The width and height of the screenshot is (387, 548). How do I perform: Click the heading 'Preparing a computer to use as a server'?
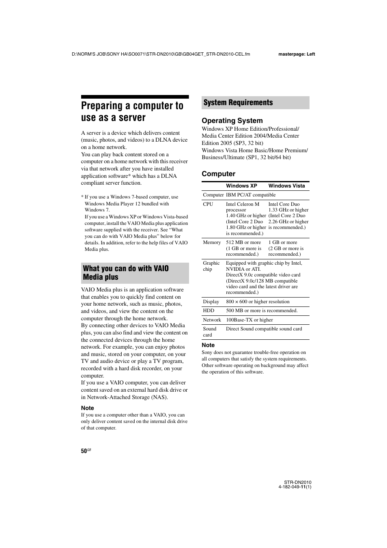[x=132, y=112]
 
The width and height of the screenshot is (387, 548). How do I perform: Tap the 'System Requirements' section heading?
[x=238, y=103]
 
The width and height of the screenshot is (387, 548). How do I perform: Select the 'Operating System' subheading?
[x=232, y=121]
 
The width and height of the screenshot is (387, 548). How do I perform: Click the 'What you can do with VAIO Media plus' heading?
[x=126, y=273]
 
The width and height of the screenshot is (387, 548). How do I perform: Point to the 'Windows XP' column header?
[x=241, y=186]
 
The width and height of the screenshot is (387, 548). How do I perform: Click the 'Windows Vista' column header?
[x=286, y=186]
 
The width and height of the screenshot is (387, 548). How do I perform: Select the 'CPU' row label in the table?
[x=208, y=204]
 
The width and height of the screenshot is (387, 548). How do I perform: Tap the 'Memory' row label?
[x=212, y=242]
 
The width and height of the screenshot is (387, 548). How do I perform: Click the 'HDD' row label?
[x=209, y=311]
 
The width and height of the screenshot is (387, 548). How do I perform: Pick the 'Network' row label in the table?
[x=212, y=320]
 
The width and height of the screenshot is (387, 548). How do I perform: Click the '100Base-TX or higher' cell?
[x=249, y=320]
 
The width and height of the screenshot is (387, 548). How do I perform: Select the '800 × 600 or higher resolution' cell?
[x=258, y=302]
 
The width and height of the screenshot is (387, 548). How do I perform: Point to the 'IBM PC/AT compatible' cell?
[x=251, y=195]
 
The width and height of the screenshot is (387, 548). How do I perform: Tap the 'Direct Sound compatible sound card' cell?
[x=264, y=329]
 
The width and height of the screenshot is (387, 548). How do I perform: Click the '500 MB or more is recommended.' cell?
[x=262, y=311]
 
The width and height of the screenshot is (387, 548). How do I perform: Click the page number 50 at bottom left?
[x=84, y=451]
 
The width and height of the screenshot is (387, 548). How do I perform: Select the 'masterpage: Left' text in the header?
[x=297, y=54]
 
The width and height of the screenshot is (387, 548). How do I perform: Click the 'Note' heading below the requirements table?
[x=208, y=345]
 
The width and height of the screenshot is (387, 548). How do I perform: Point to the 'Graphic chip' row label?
[x=211, y=266]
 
